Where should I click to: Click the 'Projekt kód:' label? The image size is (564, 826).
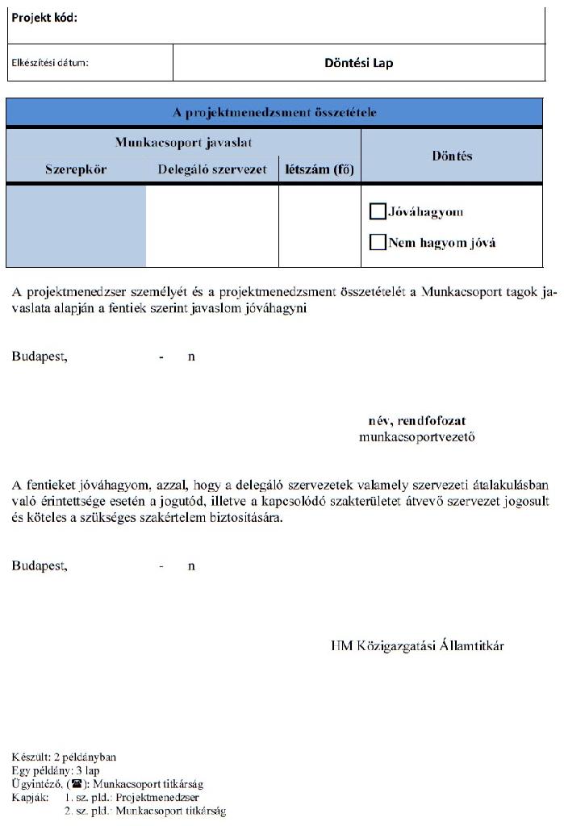pos(44,19)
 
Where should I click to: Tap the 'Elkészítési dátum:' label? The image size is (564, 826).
pos(50,63)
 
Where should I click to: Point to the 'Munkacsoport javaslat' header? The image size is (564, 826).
pos(183,143)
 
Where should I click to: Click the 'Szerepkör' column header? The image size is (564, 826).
pos(76,170)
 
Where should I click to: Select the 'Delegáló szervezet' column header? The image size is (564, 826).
pos(212,170)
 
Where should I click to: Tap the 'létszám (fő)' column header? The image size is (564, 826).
pos(320,170)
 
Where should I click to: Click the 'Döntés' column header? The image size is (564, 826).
pos(452,156)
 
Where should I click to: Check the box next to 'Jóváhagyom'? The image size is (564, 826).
pos(377,211)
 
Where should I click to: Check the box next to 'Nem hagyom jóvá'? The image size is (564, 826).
pos(377,242)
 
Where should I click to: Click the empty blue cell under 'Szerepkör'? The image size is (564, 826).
pos(76,226)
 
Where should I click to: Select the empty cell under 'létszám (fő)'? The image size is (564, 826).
pos(320,226)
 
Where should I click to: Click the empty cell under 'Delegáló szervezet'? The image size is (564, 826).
pos(212,226)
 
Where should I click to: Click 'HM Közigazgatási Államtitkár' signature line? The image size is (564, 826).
pos(418,645)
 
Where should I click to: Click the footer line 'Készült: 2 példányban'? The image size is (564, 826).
pos(65,757)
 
